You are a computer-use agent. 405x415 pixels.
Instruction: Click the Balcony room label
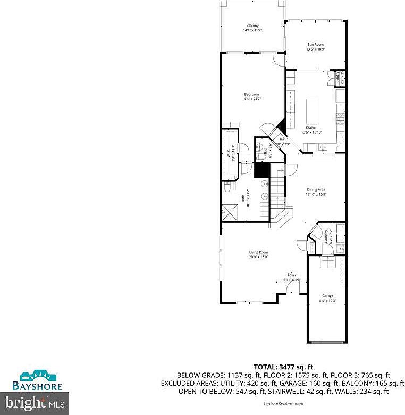tap(252, 26)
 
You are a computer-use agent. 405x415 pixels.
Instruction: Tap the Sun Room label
tap(315, 44)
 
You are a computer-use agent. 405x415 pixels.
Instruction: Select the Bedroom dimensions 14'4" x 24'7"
tap(252, 99)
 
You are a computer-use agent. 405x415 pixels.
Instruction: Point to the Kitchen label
tap(311, 128)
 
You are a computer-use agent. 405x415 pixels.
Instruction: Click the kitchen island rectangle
tap(311, 110)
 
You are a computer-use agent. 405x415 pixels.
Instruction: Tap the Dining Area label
tap(316, 189)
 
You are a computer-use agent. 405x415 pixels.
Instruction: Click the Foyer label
tap(292, 275)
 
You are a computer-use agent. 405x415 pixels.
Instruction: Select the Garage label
tap(327, 296)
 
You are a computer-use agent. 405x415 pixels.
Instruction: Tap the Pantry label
tap(339, 78)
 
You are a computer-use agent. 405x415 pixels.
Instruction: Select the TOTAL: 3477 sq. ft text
tap(283, 367)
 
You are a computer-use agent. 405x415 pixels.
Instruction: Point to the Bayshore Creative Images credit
tap(283, 403)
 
